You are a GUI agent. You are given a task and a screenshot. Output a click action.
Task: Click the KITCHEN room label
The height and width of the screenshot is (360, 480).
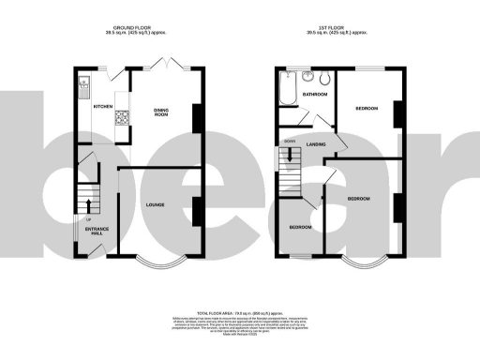102,106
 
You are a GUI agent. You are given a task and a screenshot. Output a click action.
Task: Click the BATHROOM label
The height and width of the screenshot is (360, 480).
314,95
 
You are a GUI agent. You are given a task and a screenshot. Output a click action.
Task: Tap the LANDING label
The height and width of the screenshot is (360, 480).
316,143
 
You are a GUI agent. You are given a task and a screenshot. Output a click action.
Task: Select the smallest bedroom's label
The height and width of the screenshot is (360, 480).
299,227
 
